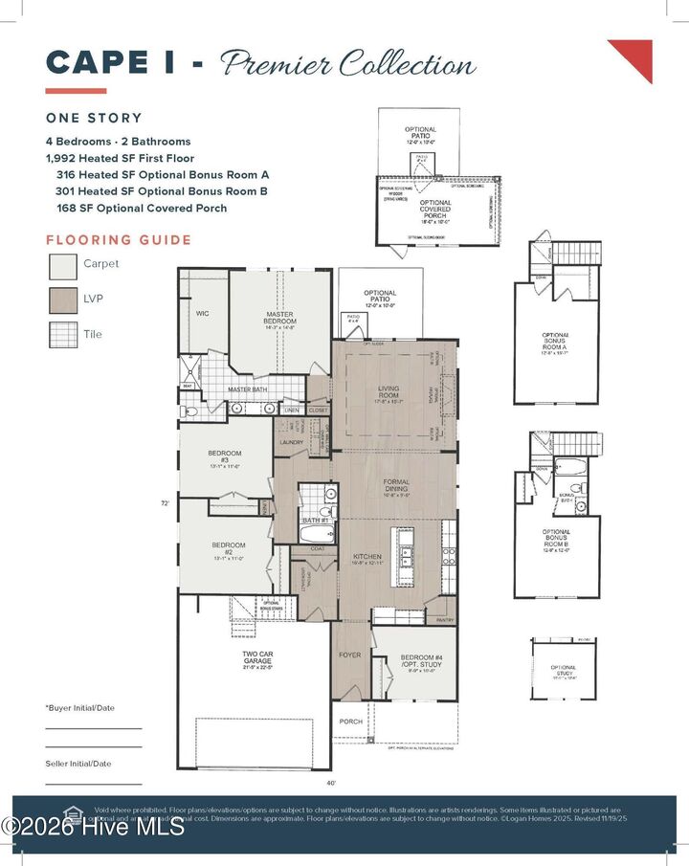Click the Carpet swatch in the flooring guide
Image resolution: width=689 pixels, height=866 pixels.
pos(62,264)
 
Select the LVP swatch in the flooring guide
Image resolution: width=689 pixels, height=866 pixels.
pos(62,300)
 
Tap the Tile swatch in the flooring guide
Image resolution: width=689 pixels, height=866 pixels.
pos(62,335)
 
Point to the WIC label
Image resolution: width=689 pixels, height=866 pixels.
pos(202,313)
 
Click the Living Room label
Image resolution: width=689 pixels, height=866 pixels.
pos(388,392)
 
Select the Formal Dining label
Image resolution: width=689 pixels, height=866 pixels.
pos(396,485)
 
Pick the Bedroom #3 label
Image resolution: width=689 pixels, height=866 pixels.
pos(223,456)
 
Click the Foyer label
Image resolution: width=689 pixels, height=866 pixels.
pos(350,655)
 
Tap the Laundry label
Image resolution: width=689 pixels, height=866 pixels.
pos(291,442)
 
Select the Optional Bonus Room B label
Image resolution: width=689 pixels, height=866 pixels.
pos(556,539)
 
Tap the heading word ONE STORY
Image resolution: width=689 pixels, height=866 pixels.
pos(94,118)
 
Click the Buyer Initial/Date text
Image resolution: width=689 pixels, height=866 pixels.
pos(80,708)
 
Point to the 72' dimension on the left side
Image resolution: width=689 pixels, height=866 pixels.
pos(167,501)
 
